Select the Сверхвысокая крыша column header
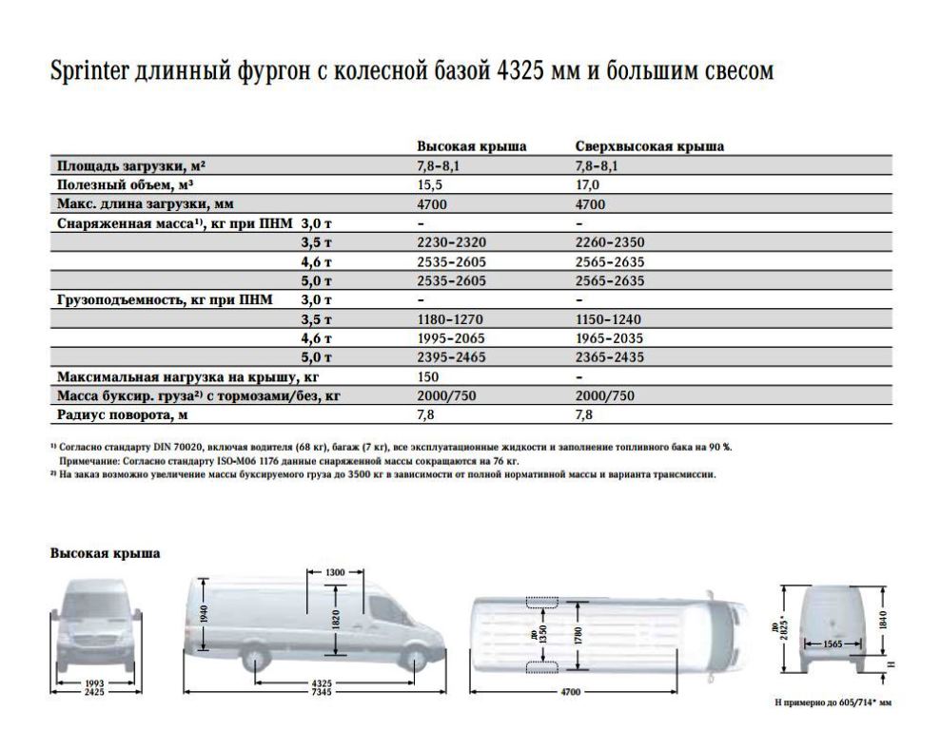[x=650, y=147]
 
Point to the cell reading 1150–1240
[x=610, y=319]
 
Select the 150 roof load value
[x=429, y=377]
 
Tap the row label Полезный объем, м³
[x=127, y=185]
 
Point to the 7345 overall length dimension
[x=324, y=693]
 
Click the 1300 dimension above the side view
[x=334, y=573]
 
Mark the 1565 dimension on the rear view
[x=831, y=644]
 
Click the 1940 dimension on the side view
[x=204, y=613]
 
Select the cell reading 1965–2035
[x=610, y=338]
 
